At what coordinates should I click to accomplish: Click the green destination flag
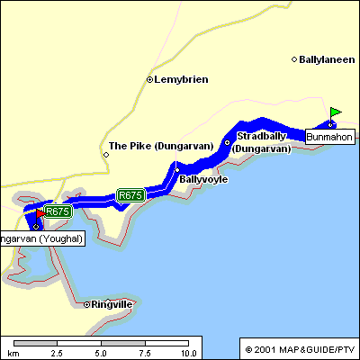pos(335,113)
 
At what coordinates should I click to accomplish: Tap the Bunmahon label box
pos(329,137)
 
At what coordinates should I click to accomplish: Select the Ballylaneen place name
pos(326,59)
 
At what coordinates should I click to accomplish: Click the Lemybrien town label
pos(181,79)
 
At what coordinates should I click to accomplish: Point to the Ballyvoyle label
pos(203,179)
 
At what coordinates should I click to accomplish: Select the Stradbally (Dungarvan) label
pos(264,142)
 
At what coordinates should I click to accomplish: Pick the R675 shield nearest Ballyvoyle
pos(130,194)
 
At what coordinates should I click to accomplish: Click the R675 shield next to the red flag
pos(58,211)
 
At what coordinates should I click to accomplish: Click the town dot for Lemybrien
pos(149,79)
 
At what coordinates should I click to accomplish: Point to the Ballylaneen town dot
pos(294,59)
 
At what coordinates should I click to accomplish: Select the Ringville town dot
pos(86,304)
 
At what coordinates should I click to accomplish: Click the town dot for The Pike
pos(106,154)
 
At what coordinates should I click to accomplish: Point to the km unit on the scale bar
pos(13,353)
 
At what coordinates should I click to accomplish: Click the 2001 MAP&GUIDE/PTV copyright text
pos(299,348)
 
